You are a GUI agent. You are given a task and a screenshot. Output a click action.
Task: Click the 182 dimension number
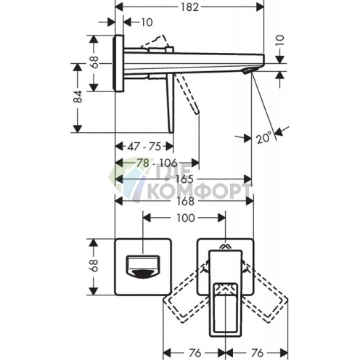click(x=190, y=7)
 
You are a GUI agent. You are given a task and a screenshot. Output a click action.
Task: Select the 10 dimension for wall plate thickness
click(x=147, y=22)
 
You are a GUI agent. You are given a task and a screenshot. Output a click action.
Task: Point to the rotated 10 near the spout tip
click(x=279, y=41)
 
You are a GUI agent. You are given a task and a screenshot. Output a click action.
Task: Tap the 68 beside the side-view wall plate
click(x=94, y=62)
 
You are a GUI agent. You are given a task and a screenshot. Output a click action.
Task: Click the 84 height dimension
click(x=78, y=97)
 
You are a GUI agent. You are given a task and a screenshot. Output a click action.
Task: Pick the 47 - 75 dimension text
click(x=144, y=147)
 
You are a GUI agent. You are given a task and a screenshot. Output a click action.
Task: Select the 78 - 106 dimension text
click(x=157, y=163)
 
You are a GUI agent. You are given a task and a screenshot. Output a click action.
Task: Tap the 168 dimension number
click(x=185, y=201)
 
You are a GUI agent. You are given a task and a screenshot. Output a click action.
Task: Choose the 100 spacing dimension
click(x=186, y=218)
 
